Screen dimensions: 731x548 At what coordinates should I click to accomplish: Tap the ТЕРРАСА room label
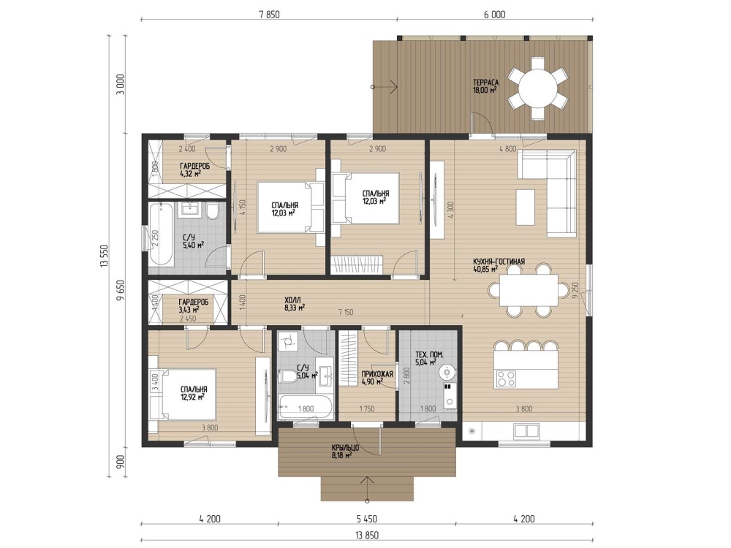click(486, 83)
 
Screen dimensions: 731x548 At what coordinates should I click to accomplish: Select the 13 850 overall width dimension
click(367, 535)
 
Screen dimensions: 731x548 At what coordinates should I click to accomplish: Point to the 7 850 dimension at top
click(270, 15)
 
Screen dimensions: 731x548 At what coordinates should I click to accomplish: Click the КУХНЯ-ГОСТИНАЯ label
click(499, 262)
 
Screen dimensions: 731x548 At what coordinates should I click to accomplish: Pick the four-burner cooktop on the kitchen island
click(507, 378)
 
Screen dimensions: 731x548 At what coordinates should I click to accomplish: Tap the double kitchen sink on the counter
click(526, 430)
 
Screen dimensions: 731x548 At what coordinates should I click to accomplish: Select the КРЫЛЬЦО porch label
click(345, 448)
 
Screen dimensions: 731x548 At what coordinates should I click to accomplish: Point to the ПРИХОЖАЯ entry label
click(377, 373)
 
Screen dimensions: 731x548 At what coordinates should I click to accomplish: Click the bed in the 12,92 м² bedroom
click(183, 395)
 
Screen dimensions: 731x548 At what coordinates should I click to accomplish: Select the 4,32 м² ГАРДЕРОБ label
click(194, 166)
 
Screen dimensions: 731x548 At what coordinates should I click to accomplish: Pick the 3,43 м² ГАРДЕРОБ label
click(193, 302)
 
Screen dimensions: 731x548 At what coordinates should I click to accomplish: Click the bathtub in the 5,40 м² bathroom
click(162, 234)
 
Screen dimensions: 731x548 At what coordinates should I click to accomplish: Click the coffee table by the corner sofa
click(526, 207)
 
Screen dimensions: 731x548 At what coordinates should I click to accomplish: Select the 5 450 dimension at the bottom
click(367, 519)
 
